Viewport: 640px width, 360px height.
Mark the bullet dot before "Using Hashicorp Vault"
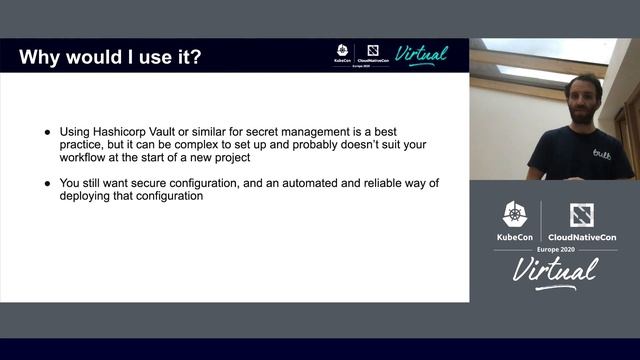click(x=48, y=132)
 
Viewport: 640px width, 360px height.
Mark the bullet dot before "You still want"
click(x=48, y=183)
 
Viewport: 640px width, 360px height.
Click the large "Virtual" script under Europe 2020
click(x=555, y=270)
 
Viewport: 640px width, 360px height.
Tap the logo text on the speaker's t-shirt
click(x=600, y=153)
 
